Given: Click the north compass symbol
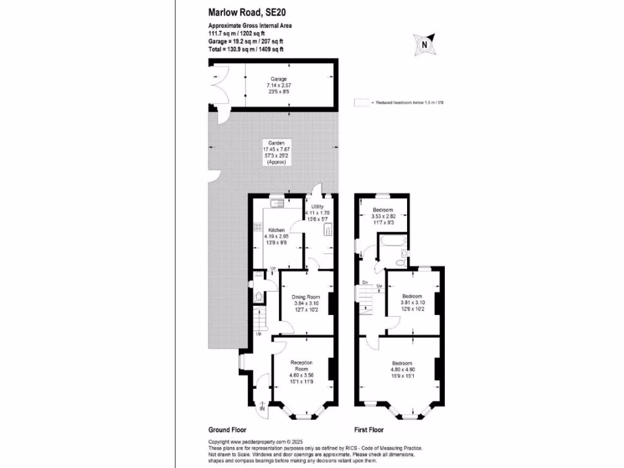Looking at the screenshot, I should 424,43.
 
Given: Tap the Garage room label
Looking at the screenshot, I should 278,79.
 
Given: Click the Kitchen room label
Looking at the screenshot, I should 277,230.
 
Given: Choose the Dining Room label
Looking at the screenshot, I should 305,297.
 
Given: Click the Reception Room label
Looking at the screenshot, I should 302,366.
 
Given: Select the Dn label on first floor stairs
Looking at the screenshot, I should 364,282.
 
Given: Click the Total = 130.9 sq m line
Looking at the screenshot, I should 246,49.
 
